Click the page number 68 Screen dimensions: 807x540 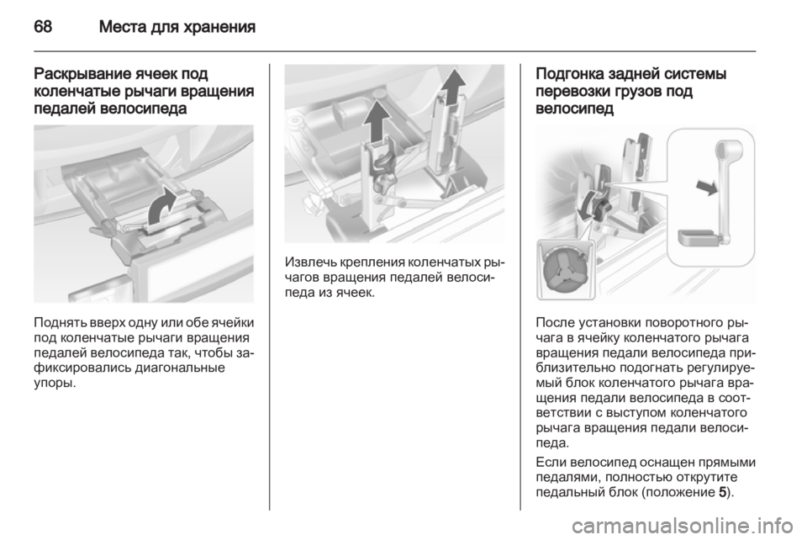[43, 26]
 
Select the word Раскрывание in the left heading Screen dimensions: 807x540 [82, 75]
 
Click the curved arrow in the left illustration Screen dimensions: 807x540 [162, 205]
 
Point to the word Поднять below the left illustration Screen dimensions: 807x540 [55, 323]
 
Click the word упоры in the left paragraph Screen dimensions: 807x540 [52, 384]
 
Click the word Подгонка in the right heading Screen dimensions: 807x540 [570, 75]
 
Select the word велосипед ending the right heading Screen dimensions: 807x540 [575, 109]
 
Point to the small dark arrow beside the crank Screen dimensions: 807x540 [706, 187]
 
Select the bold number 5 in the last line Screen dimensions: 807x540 [723, 493]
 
